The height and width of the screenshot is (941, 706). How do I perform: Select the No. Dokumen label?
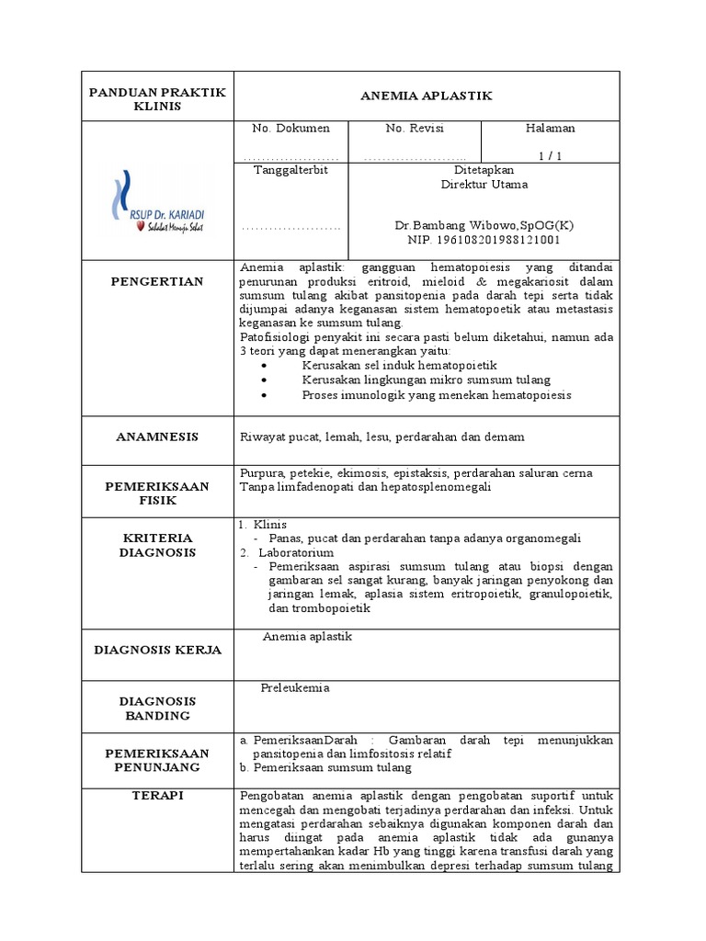point(290,129)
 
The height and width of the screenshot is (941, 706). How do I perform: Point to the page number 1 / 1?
point(550,155)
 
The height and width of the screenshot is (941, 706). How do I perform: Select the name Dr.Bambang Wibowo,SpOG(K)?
point(484,226)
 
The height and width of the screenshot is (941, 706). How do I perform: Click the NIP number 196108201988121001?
point(484,240)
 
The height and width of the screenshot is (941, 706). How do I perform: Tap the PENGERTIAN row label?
point(157,281)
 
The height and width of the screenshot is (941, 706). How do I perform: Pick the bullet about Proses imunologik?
point(436,395)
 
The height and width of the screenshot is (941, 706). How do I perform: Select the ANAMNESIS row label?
point(157,437)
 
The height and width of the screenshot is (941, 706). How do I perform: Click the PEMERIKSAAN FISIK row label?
point(157,493)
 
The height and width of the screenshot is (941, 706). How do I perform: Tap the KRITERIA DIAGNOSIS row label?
point(157,545)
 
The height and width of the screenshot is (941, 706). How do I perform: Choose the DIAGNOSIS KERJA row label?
point(157,650)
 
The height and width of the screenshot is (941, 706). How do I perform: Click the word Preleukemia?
point(295,687)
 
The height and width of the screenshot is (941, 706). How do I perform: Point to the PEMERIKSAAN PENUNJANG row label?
point(157,759)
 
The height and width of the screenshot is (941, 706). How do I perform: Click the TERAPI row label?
point(157,796)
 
